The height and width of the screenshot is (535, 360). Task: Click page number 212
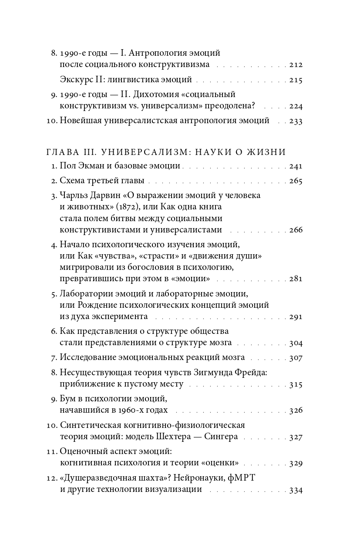tap(296, 65)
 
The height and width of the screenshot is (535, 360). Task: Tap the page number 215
tap(296, 80)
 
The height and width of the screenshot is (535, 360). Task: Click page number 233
tap(296, 121)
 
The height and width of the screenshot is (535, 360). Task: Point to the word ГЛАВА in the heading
tap(61, 152)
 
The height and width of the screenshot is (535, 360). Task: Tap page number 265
tap(296, 181)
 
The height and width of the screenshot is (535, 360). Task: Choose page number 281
tap(296, 279)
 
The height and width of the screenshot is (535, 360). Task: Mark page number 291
tap(296, 316)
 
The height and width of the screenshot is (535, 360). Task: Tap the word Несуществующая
tap(91, 373)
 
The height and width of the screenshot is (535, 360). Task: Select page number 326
tap(296, 411)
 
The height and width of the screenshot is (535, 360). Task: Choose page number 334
tap(296, 490)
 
